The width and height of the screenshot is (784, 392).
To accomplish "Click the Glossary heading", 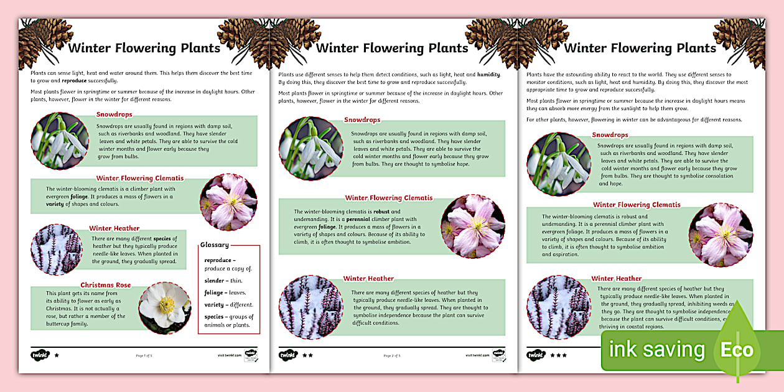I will pos(215,245).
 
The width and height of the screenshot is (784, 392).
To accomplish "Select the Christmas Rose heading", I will pos(106,286).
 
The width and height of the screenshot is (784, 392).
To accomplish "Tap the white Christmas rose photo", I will pos(165,308).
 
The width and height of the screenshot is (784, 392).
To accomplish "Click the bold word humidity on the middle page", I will pos(488,74).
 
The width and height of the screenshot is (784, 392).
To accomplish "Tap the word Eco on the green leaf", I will pos(737,350).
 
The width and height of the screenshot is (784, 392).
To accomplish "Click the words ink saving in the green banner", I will pos(656,350).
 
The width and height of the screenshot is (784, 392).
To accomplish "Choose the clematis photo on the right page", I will pos(721,235).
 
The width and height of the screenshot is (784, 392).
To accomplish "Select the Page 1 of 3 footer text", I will pos(144,356).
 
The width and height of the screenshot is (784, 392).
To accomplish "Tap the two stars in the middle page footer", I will pos(307,356).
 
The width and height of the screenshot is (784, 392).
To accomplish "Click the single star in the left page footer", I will pos(57,356).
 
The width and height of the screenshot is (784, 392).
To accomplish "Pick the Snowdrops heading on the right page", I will pos(610,135).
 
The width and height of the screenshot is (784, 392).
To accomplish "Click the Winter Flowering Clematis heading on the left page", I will pos(139,179).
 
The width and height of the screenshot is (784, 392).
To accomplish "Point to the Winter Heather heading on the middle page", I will pos(368,279).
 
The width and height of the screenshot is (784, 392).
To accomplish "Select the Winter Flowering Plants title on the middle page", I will pos(392,48).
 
